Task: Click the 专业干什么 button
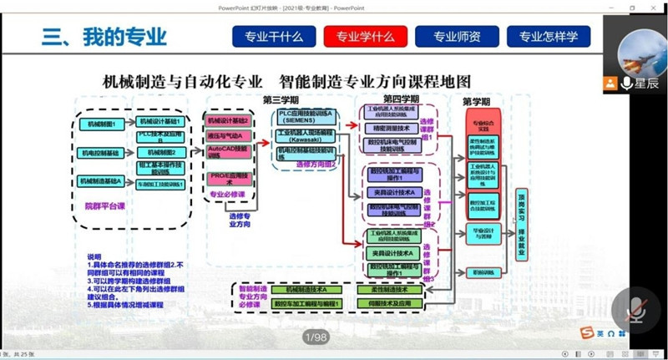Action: (x=273, y=37)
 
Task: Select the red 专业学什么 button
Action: (x=365, y=37)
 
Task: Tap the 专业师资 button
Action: (x=457, y=37)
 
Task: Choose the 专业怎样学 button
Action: (x=549, y=37)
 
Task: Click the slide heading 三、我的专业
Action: (x=104, y=37)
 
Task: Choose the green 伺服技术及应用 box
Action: (x=388, y=303)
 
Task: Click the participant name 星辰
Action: (x=640, y=83)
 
